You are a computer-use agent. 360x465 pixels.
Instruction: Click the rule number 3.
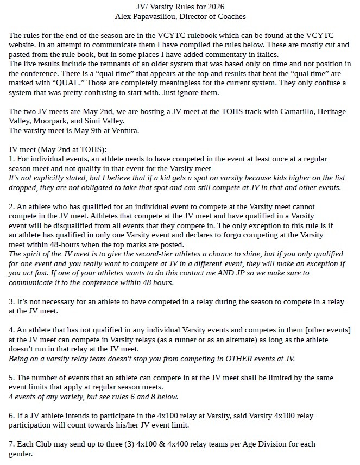point(12,302)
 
